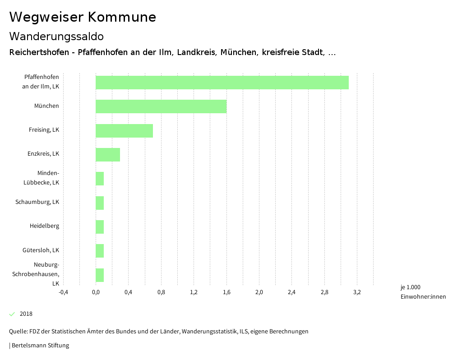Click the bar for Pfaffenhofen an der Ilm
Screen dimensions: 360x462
(222, 83)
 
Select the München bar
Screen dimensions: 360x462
(161, 106)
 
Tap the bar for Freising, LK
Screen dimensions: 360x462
(124, 130)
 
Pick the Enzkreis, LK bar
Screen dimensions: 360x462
(108, 154)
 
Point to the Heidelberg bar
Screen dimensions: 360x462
(100, 226)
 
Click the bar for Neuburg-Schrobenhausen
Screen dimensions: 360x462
(100, 275)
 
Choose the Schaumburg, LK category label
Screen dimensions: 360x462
(37, 202)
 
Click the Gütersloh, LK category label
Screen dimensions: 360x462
(41, 250)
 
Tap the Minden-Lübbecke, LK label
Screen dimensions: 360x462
(42, 178)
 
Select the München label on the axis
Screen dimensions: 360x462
(46, 106)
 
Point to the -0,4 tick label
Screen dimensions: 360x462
(63, 292)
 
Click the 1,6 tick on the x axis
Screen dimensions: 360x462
(226, 292)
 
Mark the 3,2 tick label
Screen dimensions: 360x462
(357, 292)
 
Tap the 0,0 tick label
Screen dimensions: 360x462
(96, 292)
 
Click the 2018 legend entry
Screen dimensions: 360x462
(26, 314)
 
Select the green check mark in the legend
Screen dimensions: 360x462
(12, 314)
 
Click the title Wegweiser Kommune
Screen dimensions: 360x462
(83, 17)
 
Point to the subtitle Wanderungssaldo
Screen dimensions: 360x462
(56, 36)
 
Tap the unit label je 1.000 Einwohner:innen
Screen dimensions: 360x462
(423, 292)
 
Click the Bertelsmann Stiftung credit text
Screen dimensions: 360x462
(39, 346)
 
